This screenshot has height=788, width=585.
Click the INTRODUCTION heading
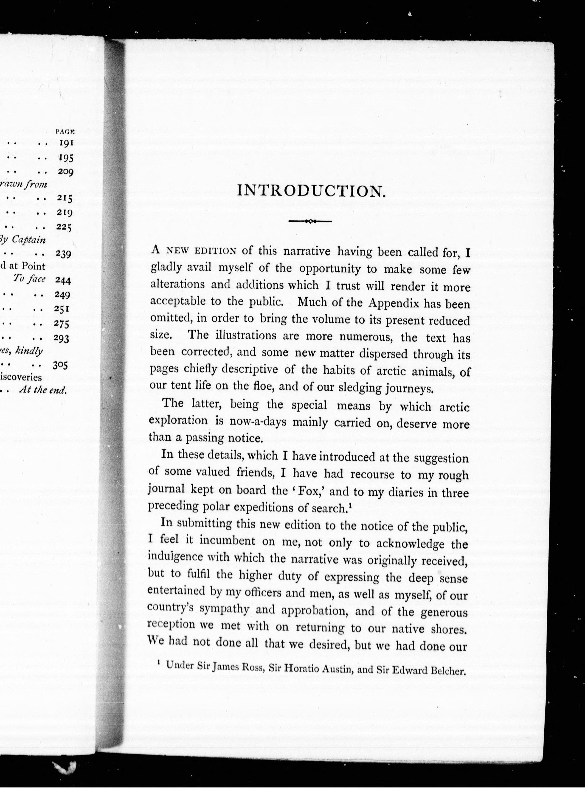pyautogui.click(x=311, y=191)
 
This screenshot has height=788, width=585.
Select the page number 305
pyautogui.click(x=60, y=365)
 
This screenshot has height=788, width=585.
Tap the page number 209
pyautogui.click(x=65, y=172)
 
